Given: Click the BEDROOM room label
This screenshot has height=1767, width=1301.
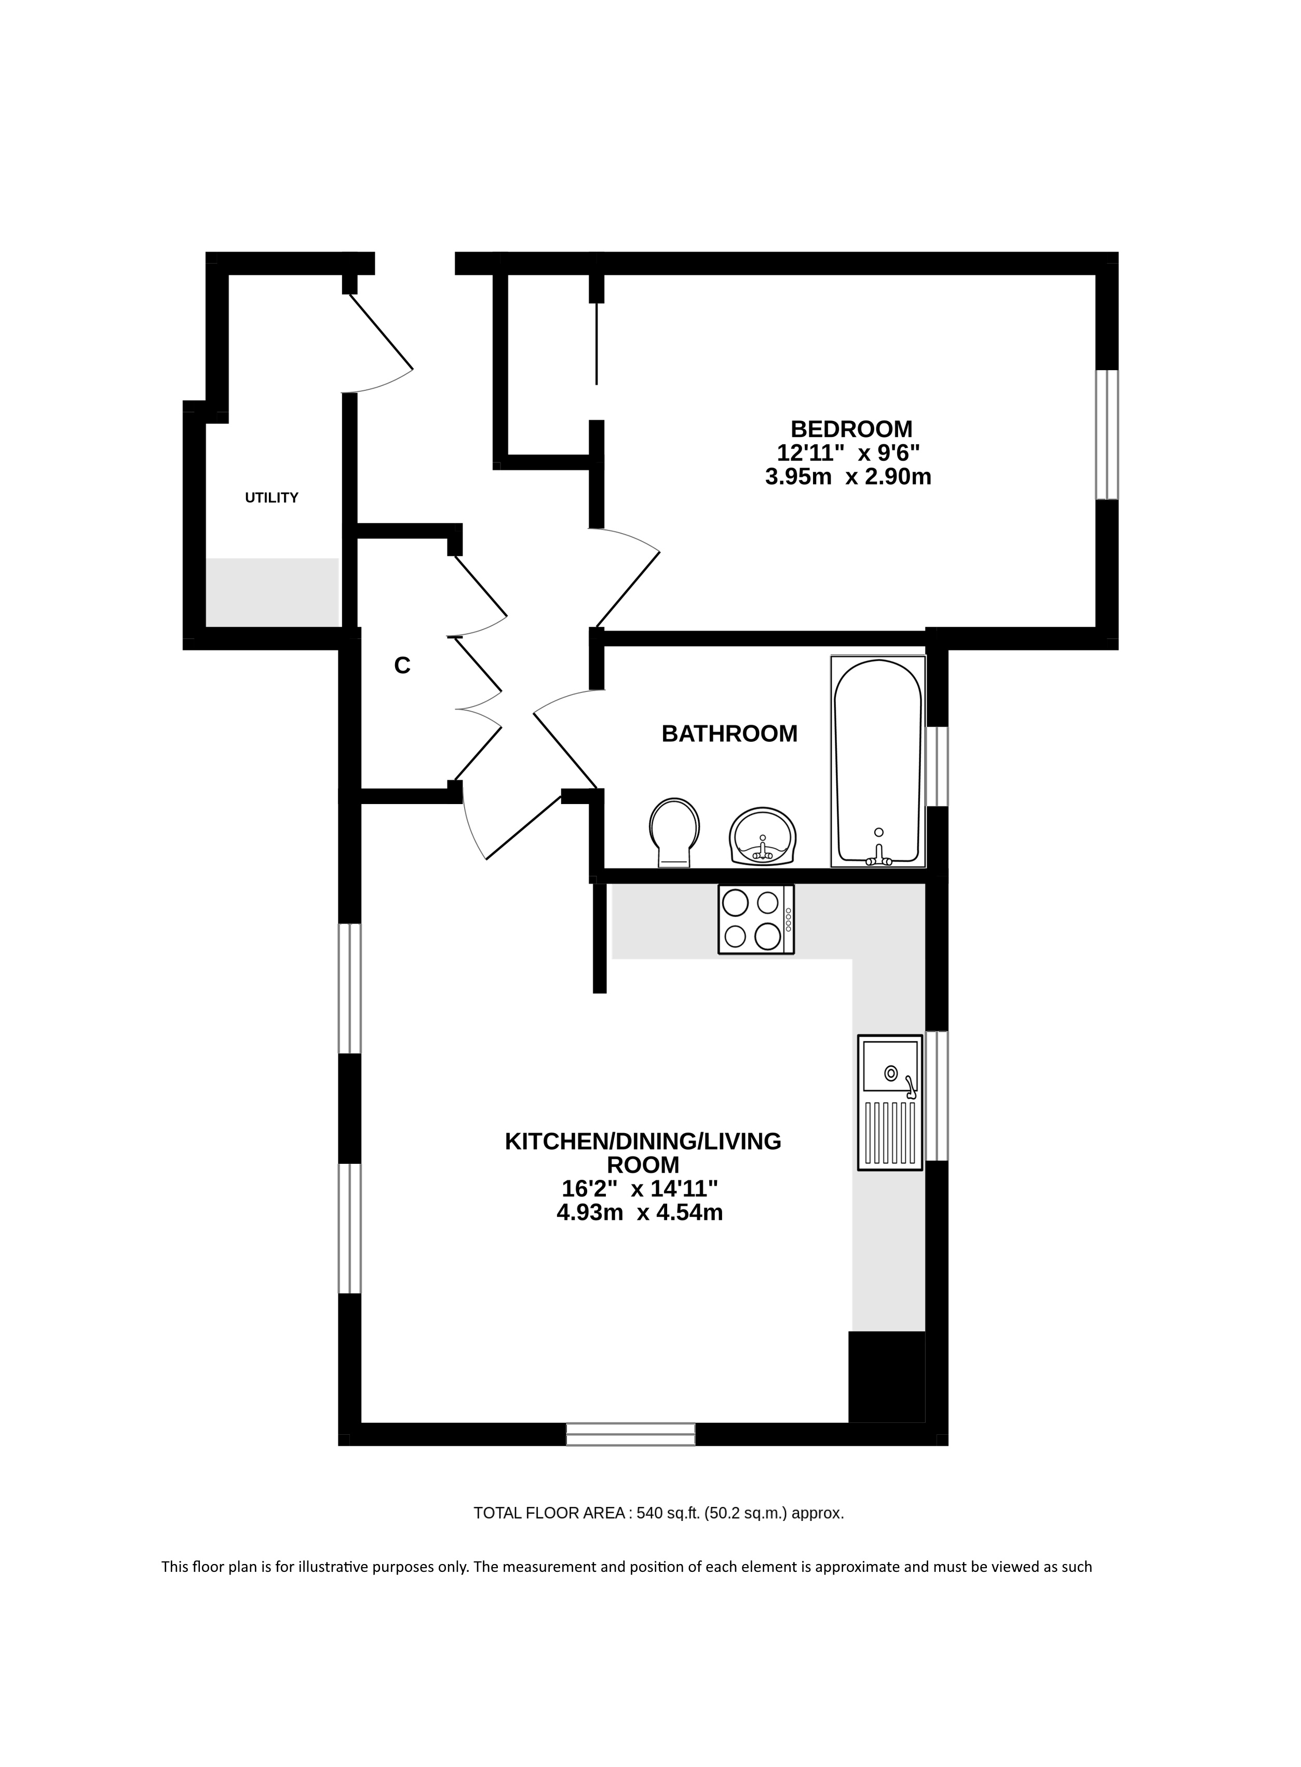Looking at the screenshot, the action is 851,429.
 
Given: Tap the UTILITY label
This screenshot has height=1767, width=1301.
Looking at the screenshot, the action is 272,498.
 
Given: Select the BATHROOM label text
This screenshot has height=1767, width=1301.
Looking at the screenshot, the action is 729,734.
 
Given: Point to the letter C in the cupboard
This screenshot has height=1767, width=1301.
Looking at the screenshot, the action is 402,666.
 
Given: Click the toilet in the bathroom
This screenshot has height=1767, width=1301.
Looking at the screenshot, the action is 674,833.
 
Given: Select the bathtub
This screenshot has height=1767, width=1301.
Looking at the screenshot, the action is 878,762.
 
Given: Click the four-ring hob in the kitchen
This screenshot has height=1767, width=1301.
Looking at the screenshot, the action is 756,920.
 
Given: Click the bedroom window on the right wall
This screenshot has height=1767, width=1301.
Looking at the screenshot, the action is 1107,434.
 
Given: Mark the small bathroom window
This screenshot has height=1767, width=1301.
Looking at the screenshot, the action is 937,766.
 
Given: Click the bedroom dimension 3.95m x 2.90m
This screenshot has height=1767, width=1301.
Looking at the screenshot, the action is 848,477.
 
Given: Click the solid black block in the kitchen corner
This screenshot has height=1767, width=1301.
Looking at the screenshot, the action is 886,1377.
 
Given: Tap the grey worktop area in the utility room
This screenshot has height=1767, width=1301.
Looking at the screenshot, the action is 273,592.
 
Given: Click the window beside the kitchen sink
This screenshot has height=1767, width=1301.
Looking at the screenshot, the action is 937,1095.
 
